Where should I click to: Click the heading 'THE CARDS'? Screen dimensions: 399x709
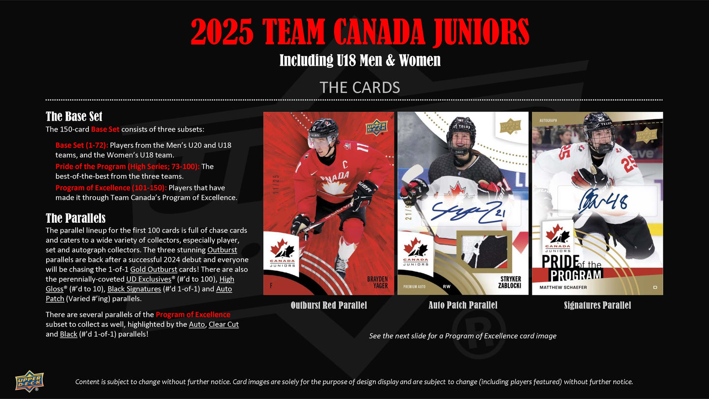coord(360,87)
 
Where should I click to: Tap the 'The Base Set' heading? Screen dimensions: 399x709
coord(74,116)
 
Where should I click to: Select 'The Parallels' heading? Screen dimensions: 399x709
coord(76,218)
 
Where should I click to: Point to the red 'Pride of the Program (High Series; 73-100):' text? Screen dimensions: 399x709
coord(127,166)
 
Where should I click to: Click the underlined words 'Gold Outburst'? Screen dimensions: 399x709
coord(154,269)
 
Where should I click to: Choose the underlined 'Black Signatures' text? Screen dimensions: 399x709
coord(134,289)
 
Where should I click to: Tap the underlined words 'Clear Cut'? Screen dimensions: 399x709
coord(224,324)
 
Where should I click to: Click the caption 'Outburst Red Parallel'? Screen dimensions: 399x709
coord(328,305)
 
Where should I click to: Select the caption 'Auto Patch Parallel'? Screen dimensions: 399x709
coord(463,305)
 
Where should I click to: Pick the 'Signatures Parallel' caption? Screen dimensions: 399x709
coord(597,305)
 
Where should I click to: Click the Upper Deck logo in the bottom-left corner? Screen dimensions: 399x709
coord(29,381)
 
